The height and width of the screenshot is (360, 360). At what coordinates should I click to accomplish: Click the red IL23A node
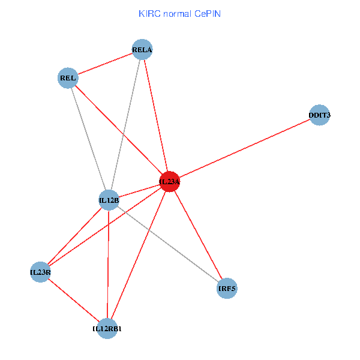click(x=170, y=181)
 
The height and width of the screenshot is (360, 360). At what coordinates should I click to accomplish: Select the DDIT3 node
click(x=320, y=115)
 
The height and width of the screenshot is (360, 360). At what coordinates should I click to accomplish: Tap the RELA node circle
click(x=142, y=50)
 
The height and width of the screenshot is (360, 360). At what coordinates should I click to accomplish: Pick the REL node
click(x=68, y=78)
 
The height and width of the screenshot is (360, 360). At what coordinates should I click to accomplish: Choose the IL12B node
click(x=109, y=200)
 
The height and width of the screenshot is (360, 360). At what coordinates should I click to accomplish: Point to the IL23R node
click(x=40, y=272)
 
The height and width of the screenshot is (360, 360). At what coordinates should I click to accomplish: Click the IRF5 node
click(x=227, y=289)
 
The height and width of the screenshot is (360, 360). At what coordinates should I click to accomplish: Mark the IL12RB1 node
click(x=107, y=328)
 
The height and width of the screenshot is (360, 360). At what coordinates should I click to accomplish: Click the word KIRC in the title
click(x=148, y=13)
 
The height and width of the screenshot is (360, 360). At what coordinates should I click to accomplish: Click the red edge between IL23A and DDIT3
click(x=245, y=148)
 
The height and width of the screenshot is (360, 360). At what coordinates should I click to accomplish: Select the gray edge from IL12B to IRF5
click(x=168, y=244)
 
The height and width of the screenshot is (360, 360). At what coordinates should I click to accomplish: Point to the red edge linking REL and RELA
click(x=105, y=64)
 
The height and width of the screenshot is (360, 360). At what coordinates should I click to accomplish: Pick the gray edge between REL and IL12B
click(x=88, y=139)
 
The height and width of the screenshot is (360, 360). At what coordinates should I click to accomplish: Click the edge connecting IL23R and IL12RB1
click(x=74, y=300)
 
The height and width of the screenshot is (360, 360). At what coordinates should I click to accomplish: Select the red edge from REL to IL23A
click(x=119, y=130)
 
